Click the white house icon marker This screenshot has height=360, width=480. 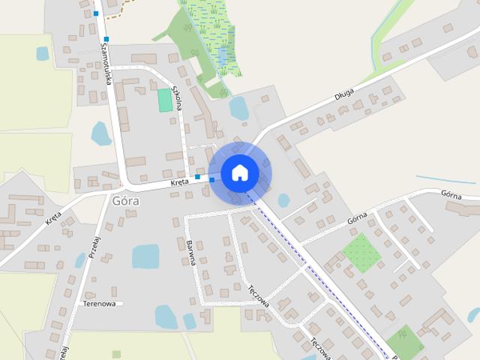click(x=239, y=172)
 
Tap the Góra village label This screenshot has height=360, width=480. click(x=124, y=201)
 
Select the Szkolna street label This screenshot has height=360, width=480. click(x=178, y=97)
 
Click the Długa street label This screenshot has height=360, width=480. click(x=344, y=96)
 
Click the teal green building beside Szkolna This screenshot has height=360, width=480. click(x=165, y=100)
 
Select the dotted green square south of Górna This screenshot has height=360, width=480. click(x=361, y=253)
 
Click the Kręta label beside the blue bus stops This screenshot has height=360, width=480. click(x=179, y=181)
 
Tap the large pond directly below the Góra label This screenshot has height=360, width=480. click(x=145, y=256)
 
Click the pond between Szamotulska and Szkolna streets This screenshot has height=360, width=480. click(x=100, y=133)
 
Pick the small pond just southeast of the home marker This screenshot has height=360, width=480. click(x=283, y=200)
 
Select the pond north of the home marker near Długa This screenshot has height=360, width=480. click(x=238, y=109)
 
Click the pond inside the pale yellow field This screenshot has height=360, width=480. click(x=43, y=53)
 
